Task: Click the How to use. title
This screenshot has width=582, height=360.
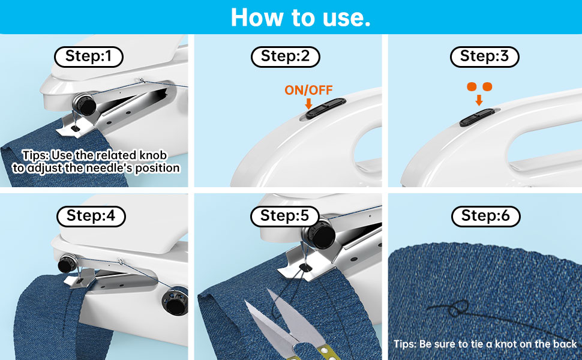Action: pos(301,17)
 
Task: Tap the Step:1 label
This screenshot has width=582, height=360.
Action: pos(89,56)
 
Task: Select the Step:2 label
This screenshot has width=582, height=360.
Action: pos(286,56)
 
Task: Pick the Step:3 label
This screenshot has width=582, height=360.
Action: pos(484,56)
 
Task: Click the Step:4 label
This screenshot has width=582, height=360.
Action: pos(91,216)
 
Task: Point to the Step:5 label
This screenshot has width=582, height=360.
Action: pos(284,216)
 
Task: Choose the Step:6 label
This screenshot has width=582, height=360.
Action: pos(485,216)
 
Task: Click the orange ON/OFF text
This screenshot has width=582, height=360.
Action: pos(308,90)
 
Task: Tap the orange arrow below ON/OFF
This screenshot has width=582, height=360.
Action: pos(308,104)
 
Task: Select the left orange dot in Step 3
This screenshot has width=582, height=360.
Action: pos(472,87)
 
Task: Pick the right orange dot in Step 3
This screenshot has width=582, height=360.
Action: pos(487,87)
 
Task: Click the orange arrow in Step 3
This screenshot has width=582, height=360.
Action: pos(479,100)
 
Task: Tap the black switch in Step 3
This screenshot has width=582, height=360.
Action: pos(477,117)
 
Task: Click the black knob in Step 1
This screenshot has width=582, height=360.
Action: pos(85,104)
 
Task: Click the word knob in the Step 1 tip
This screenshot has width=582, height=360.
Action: pos(152,155)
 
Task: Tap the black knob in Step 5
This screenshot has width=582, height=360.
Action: pos(320,233)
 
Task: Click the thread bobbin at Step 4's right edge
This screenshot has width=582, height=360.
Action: pos(175,301)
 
